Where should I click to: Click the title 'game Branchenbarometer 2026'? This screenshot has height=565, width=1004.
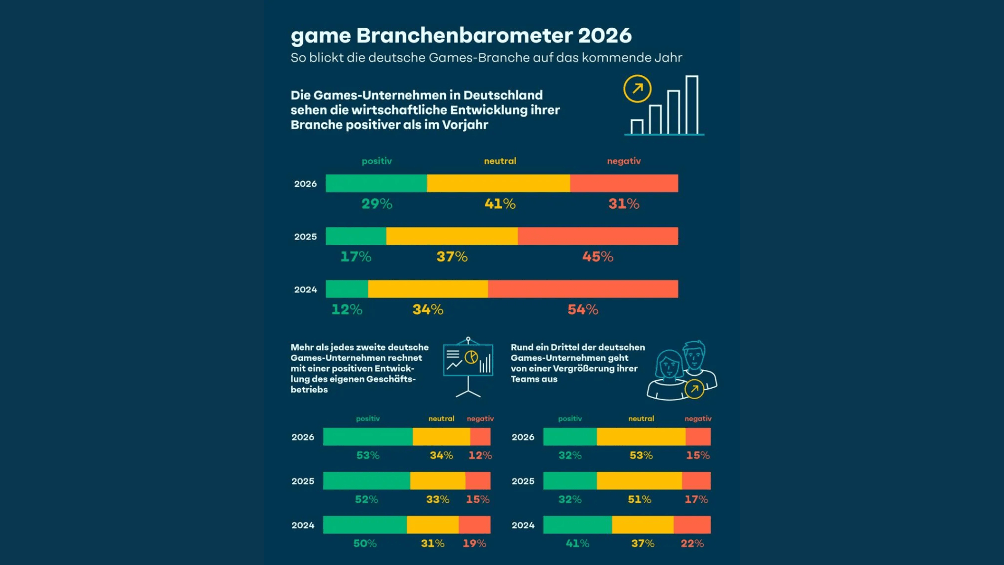tap(461, 36)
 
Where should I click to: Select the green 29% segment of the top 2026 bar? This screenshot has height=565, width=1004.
tap(376, 184)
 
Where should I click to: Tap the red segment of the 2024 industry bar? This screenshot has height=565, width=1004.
tap(583, 289)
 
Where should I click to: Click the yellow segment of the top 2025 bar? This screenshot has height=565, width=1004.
tap(452, 236)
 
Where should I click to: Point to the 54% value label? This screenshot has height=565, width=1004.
tap(583, 309)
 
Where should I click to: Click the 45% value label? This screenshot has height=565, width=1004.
tap(597, 256)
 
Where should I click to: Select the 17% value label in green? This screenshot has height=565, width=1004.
tap(356, 256)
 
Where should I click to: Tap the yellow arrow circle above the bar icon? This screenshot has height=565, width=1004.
tap(637, 89)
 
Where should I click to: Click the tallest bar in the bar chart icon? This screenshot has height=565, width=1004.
tap(691, 105)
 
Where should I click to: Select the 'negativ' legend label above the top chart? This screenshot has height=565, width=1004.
tap(623, 161)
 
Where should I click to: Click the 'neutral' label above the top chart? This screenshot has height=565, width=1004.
tap(500, 161)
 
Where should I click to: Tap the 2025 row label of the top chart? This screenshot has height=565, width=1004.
tap(305, 236)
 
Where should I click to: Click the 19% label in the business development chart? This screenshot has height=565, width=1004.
tap(474, 544)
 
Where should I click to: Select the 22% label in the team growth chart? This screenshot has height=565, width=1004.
tap(692, 544)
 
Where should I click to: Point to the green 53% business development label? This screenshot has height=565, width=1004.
tap(368, 455)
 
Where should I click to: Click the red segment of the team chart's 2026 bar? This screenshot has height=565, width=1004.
tap(698, 436)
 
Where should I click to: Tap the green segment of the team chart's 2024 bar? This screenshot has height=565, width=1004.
tap(577, 524)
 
